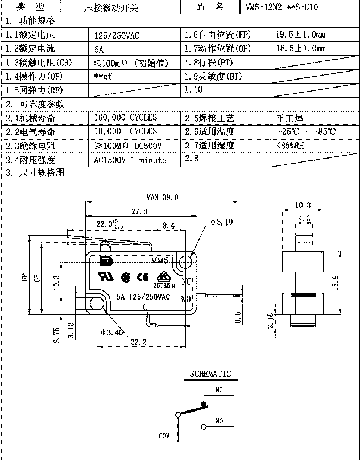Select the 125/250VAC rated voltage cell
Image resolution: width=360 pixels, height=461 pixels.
point(117,35)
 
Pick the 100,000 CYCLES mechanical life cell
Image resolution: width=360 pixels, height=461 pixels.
point(125,118)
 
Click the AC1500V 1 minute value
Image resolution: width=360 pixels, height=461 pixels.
point(130,160)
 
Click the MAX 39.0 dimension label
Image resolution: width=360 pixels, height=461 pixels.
point(162,197)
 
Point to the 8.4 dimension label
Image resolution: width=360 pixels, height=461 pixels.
point(168,226)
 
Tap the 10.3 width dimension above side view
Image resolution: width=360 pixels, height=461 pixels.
point(303,205)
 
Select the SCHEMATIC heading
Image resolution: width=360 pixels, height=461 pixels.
point(210,373)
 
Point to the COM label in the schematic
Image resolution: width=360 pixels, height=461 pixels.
point(164,436)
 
